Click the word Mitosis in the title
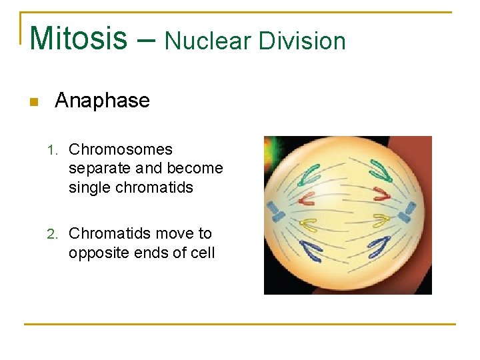pyautogui.click(x=79, y=39)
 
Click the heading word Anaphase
pyautogui.click(x=102, y=101)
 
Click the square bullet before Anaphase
pyautogui.click(x=34, y=102)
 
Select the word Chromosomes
pyautogui.click(x=121, y=149)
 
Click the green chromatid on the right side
pyautogui.click(x=381, y=171)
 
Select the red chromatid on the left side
pyautogui.click(x=307, y=198)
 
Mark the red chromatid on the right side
pyautogui.click(x=382, y=194)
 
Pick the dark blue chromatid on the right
pyautogui.click(x=380, y=245)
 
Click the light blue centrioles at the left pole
pyautogui.click(x=275, y=211)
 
